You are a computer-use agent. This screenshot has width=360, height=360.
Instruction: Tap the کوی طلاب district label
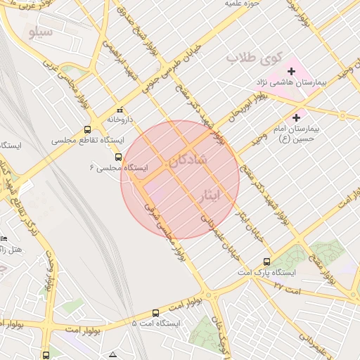click(256, 57)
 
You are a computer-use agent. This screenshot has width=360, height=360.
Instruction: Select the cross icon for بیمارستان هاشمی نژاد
click(291, 71)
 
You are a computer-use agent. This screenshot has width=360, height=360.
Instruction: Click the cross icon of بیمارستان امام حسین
click(296, 117)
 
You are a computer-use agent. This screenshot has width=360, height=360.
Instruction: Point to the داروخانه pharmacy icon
click(120, 110)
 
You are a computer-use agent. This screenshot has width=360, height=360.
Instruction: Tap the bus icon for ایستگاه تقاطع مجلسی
click(87, 129)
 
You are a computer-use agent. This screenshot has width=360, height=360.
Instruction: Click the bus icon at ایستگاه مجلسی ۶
click(118, 157)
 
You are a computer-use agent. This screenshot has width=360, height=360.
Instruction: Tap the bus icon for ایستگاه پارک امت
click(266, 261)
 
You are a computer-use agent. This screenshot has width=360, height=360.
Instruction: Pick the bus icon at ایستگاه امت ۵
click(155, 312)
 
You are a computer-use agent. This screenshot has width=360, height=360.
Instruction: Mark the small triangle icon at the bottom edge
click(112, 354)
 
